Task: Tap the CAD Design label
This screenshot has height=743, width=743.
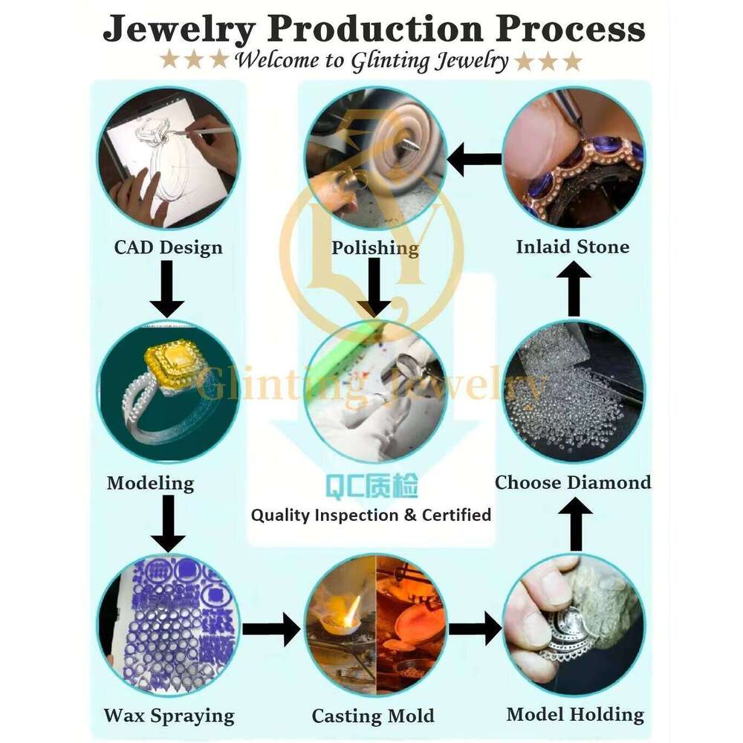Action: [168, 247]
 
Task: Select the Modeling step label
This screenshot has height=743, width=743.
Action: [151, 484]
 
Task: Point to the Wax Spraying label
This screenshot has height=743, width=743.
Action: [169, 716]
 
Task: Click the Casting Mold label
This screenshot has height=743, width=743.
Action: [373, 716]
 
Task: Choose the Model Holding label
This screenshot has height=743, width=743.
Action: [575, 715]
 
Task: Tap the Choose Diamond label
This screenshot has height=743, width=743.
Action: [573, 482]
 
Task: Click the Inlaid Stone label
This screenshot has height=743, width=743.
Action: [572, 247]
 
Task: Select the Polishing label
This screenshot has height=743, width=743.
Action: [374, 248]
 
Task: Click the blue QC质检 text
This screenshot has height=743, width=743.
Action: [371, 487]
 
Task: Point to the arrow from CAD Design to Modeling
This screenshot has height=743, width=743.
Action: [167, 289]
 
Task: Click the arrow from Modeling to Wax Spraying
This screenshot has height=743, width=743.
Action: [168, 524]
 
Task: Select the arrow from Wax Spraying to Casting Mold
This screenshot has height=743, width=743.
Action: [271, 629]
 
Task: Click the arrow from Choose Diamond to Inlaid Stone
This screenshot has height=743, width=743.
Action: [574, 288]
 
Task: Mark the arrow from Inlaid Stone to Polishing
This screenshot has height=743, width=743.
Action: [474, 159]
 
